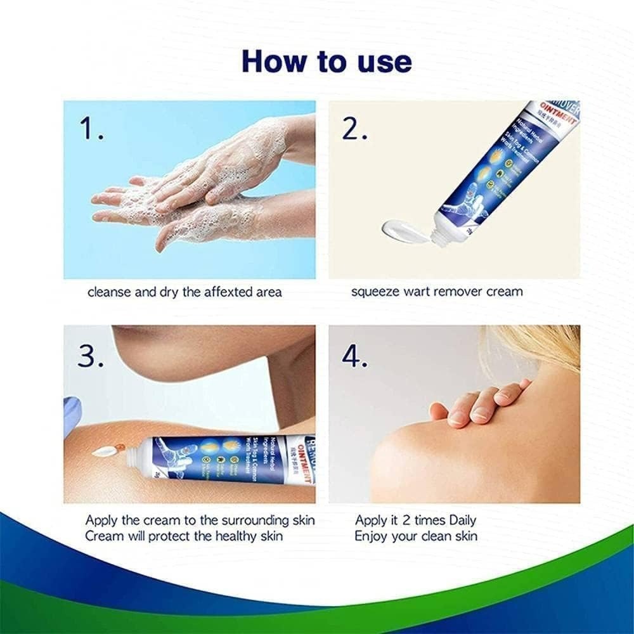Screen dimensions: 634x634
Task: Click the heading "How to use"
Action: point(327,61)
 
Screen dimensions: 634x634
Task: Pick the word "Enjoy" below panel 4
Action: point(370,536)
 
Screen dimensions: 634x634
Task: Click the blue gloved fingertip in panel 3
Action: point(71,415)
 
